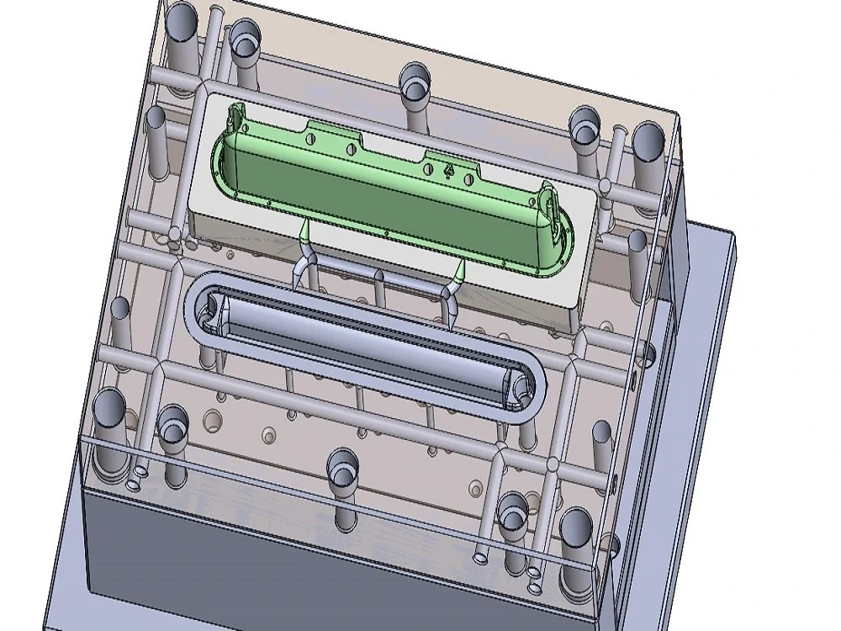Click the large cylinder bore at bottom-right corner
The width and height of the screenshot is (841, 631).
[x=577, y=527]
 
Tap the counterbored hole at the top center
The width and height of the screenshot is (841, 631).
[x=414, y=83]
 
